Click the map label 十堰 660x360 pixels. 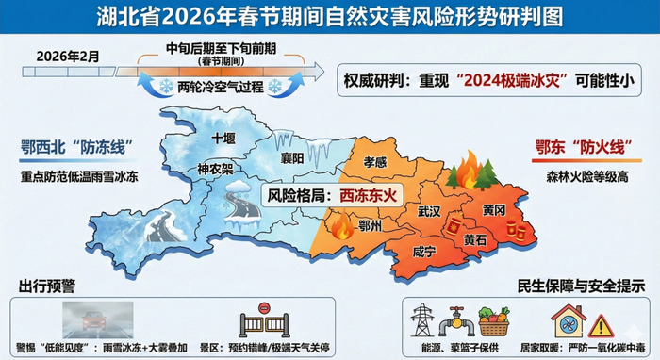[223, 138]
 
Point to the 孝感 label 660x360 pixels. [375, 162]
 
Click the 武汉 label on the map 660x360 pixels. [429, 211]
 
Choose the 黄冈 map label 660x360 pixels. [494, 208]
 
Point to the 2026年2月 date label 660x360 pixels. [68, 57]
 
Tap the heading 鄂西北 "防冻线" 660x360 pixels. [74, 148]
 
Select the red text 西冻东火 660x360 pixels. [367, 196]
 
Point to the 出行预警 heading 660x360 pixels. [48, 286]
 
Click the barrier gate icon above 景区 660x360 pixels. [270, 320]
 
